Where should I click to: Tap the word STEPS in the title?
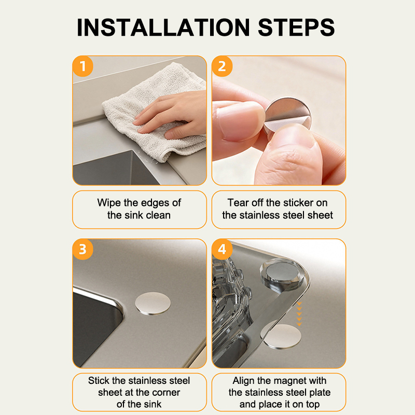(x=296, y=27)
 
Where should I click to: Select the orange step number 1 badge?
(x=82, y=66)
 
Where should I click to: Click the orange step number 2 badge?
(x=222, y=66)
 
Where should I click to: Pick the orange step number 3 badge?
(x=82, y=250)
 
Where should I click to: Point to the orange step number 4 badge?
(x=222, y=250)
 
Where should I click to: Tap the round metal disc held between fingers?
(x=287, y=115)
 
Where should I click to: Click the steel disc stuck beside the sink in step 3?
(x=153, y=303)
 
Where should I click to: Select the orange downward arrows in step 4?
(x=299, y=314)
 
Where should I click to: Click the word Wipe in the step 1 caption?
(x=109, y=203)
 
